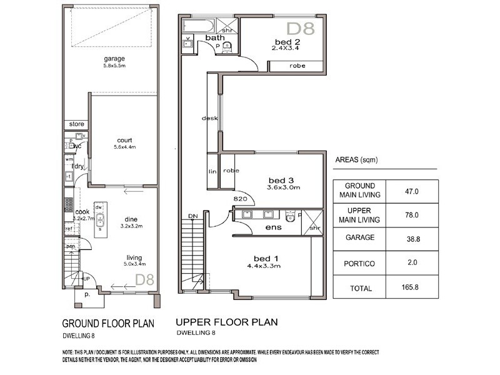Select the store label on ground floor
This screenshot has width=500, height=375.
coord(76,124)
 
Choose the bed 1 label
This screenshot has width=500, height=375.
coord(262,259)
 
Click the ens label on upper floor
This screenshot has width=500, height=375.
coord(273,227)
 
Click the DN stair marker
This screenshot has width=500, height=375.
coord(192,216)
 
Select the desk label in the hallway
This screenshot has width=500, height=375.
coord(209,118)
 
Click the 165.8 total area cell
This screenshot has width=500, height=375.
coord(411,288)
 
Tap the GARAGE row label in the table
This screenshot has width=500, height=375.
coord(359,238)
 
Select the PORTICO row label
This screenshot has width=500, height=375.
coord(359,264)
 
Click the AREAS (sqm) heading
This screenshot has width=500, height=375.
coord(356,160)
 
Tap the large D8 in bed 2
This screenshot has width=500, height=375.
coord(301,27)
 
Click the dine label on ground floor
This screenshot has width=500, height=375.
coord(131,219)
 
